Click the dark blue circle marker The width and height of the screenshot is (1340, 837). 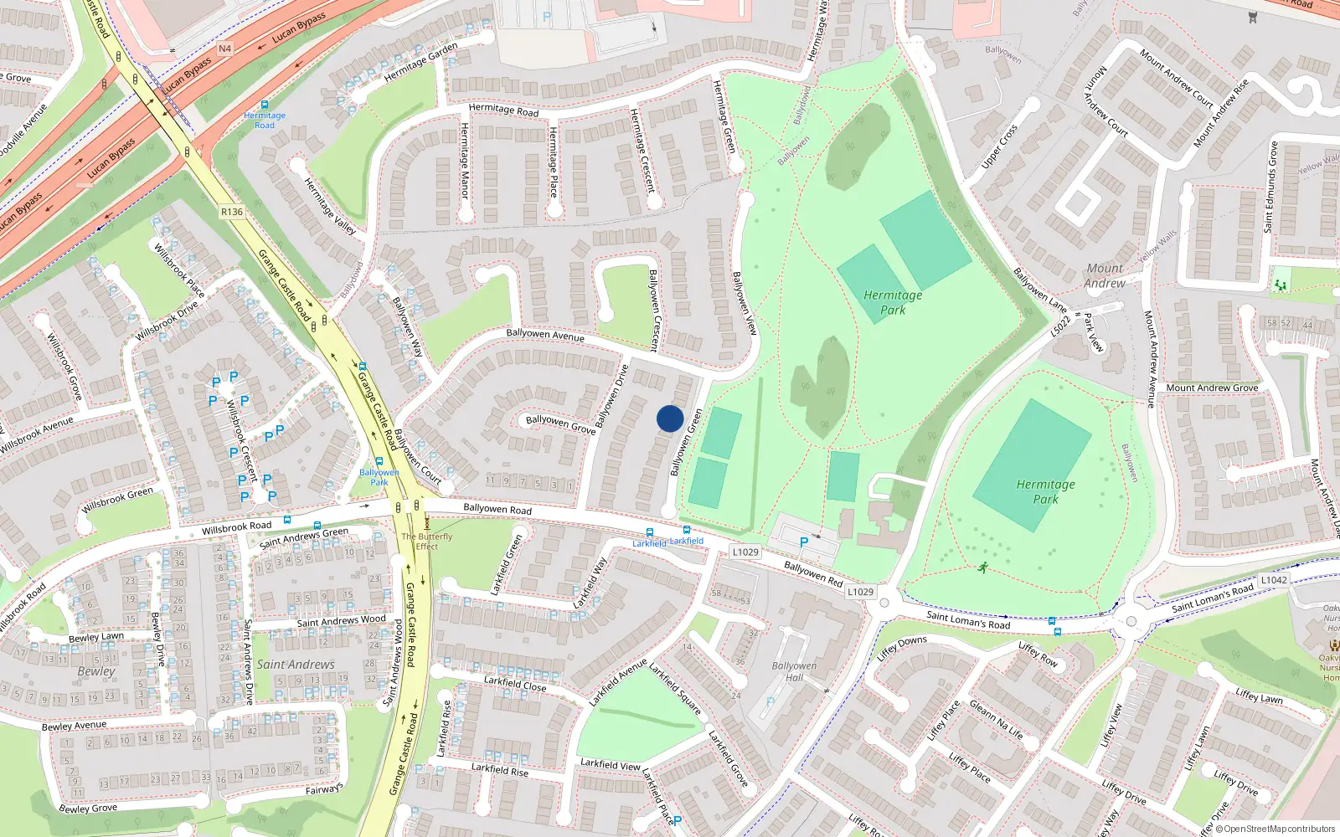[x=670, y=418]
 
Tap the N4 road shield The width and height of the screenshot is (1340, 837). [x=224, y=49]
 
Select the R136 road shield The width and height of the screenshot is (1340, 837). [x=232, y=212]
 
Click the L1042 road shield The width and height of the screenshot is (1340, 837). [x=1273, y=580]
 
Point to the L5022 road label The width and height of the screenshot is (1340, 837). [x=1061, y=324]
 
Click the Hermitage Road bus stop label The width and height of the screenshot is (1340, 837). [x=265, y=121]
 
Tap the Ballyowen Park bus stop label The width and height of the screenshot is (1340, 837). [x=379, y=477]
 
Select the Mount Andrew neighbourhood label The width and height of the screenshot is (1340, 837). [x=1105, y=275]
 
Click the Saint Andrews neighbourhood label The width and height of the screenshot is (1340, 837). [x=296, y=665]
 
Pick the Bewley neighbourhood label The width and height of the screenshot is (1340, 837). [x=96, y=671]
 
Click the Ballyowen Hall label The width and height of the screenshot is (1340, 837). [x=794, y=672]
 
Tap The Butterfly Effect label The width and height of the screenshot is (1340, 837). [x=427, y=542]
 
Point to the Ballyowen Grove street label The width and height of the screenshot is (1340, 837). [x=560, y=424]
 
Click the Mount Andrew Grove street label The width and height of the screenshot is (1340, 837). [x=1212, y=388]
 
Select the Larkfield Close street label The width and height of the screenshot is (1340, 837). [x=515, y=684]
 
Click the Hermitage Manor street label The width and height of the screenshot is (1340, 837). [x=465, y=160]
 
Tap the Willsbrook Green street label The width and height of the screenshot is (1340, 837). [x=117, y=500]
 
